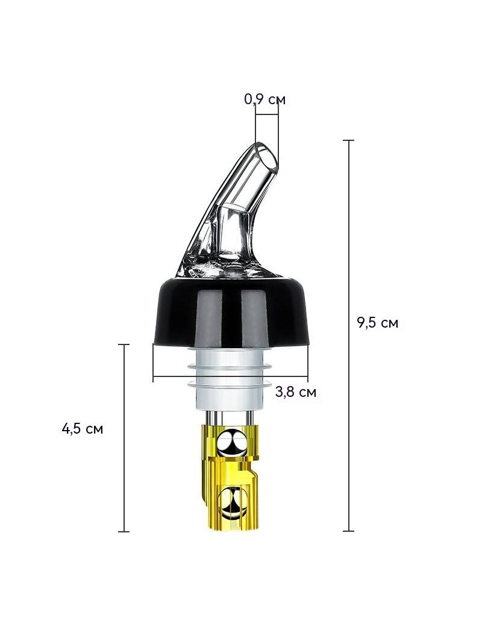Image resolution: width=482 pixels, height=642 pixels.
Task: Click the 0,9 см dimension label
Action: pos(264,99)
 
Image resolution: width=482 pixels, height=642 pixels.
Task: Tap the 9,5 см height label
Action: pos(377,323)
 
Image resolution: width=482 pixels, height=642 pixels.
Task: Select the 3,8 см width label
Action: pos(296,392)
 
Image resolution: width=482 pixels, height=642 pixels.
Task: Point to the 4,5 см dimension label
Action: pos(83,429)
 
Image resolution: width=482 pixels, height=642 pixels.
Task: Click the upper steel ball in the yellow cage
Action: pos(231,443)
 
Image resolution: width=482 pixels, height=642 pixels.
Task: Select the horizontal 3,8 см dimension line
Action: pos(231,375)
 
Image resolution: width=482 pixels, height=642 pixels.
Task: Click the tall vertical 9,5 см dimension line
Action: pos(348,335)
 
